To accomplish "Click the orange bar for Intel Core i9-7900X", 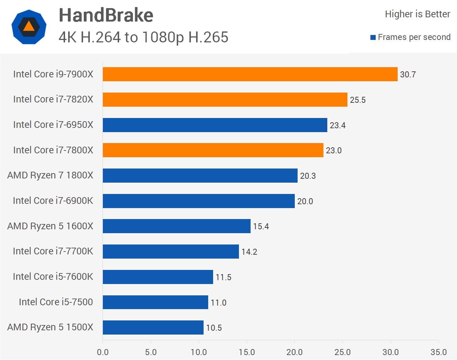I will [250, 74].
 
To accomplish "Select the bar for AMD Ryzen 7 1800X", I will [200, 176].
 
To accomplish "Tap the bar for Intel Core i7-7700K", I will [171, 252].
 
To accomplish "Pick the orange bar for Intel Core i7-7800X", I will [213, 150].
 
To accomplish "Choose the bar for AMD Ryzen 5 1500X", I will [153, 327].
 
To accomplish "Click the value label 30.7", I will [408, 75].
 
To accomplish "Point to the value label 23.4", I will [338, 125].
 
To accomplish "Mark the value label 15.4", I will [261, 226].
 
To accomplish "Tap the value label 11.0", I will [218, 303].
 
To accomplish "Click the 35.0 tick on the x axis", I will [439, 352].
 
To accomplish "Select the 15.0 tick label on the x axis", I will [247, 352].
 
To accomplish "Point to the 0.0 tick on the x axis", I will [103, 352].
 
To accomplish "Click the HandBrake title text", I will [106, 15].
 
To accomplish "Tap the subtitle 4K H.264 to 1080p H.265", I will [143, 37].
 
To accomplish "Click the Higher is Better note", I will [417, 14].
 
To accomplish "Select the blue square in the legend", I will [373, 37].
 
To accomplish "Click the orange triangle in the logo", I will [29, 26].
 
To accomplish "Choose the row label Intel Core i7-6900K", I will [53, 201].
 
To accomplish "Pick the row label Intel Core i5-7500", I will [56, 302].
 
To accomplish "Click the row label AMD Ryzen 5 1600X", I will [50, 226].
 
